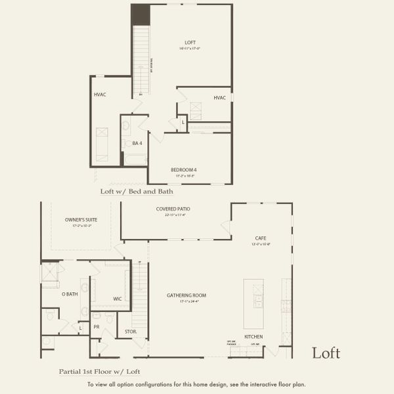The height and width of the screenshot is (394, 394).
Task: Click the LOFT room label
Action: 190,42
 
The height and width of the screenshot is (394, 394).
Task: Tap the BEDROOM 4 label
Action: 184,169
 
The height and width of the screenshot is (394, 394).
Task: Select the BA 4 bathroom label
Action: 137,142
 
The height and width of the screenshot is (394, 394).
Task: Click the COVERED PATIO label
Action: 173,209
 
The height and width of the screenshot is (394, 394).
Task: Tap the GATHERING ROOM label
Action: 186,295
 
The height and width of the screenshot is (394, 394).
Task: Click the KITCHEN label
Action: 253,336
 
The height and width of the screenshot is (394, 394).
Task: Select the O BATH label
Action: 70,294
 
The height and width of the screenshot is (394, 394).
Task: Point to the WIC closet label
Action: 117,299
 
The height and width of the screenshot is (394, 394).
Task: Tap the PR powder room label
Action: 97,326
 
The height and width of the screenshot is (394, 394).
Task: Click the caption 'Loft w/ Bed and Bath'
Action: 136,192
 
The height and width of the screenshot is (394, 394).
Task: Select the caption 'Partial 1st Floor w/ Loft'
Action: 98,371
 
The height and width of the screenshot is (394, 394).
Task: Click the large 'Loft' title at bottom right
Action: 326,353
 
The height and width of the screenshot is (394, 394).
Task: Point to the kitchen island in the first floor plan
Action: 253,303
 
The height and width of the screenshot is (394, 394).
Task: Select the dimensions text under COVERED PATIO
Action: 173,215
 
